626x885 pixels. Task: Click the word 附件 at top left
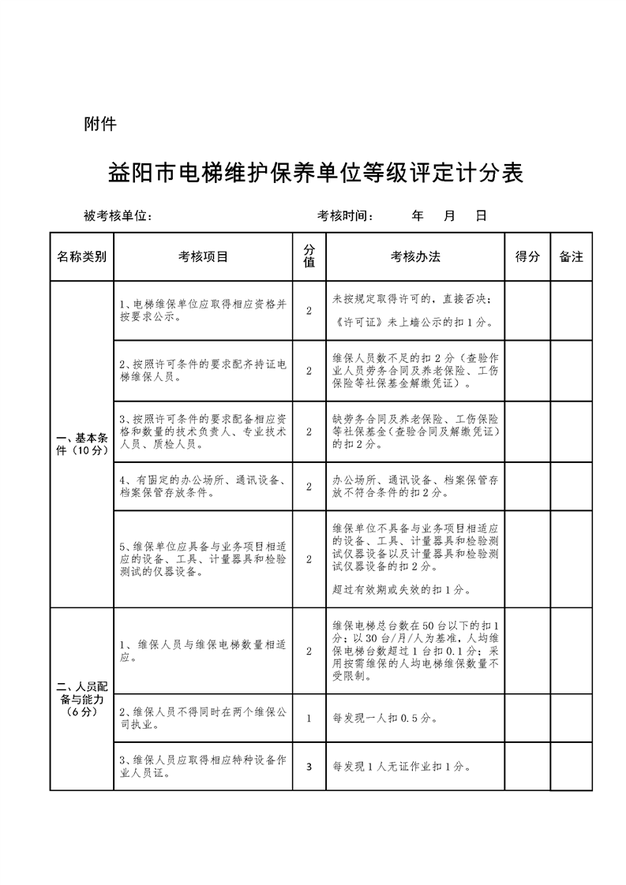[100, 124]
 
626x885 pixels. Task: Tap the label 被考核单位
[118, 216]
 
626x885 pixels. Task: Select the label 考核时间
[345, 216]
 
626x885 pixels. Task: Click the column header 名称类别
[81, 256]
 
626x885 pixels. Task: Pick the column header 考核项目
[203, 256]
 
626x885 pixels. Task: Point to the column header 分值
[309, 256]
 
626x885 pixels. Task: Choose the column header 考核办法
[415, 256]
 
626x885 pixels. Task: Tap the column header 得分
[527, 256]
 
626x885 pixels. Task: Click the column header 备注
[571, 256]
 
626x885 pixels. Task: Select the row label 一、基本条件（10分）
[81, 443]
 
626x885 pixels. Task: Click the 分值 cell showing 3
[309, 766]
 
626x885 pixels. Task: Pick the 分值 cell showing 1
[309, 718]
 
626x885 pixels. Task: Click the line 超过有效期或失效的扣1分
[403, 589]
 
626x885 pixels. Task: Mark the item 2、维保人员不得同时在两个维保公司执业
[203, 718]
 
